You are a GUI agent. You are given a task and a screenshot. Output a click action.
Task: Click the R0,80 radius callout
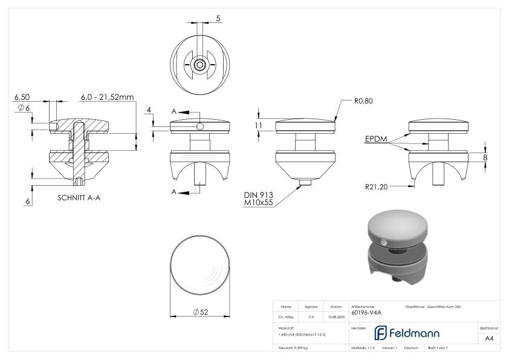click(363, 102)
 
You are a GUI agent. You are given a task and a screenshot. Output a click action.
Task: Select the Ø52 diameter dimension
click(201, 312)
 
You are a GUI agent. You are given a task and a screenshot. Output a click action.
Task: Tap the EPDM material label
click(376, 139)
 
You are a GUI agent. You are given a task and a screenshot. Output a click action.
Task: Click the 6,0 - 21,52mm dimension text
click(107, 97)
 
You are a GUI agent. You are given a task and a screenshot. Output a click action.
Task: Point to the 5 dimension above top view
click(218, 19)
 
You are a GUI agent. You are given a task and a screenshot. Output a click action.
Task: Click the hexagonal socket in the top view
click(199, 64)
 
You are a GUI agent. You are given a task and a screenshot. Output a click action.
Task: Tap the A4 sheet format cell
click(489, 338)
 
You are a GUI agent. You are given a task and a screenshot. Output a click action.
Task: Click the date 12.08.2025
click(336, 316)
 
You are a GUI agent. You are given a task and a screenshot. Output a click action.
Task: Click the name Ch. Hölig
click(286, 316)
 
